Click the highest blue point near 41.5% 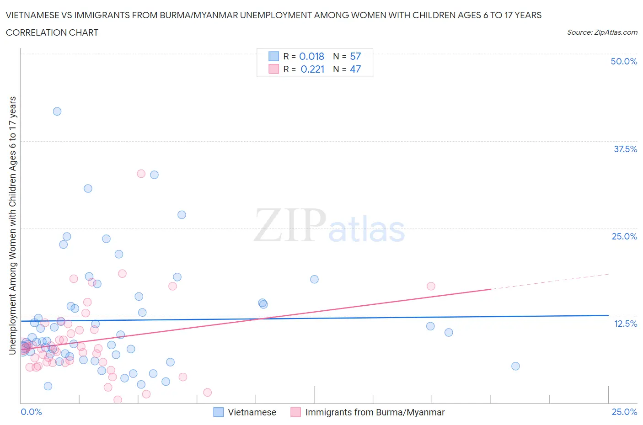click(57, 112)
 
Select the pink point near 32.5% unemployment click(141, 174)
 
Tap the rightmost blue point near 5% click(515, 366)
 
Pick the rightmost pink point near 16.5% click(431, 286)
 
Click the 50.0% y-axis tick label click(624, 61)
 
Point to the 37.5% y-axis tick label click(625, 149)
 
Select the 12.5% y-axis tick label click(625, 324)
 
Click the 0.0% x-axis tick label click(32, 412)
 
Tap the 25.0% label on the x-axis click(624, 412)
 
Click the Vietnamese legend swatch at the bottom click(219, 412)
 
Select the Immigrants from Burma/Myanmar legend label click(375, 412)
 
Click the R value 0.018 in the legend click(311, 56)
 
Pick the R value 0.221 click(312, 69)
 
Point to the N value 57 click(355, 56)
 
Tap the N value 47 click(355, 69)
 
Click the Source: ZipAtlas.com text click(602, 32)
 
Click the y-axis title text click(12, 225)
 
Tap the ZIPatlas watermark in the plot click(329, 226)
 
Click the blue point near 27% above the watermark click(182, 215)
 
